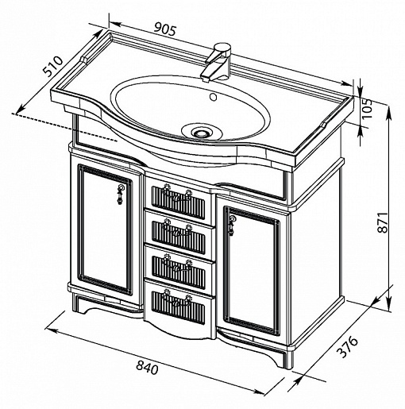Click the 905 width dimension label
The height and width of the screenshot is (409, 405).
pos(165,29)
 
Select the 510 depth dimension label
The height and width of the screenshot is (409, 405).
pos(53,66)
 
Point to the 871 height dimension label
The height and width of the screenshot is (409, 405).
pos(383,222)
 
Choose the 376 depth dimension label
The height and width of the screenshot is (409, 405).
pos(347,347)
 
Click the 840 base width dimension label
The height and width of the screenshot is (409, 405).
pos(147,367)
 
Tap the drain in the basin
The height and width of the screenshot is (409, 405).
pos(202,132)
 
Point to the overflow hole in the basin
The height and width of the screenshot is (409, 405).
pos(213,97)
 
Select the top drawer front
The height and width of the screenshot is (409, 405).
pos(179,199)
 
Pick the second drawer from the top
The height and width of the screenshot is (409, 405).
pos(179,234)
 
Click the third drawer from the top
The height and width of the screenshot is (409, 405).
pos(179,270)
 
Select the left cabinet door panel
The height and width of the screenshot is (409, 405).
pos(105,229)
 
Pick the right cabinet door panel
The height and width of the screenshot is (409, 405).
pos(252,271)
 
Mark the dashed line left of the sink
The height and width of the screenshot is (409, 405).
pos(64,127)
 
